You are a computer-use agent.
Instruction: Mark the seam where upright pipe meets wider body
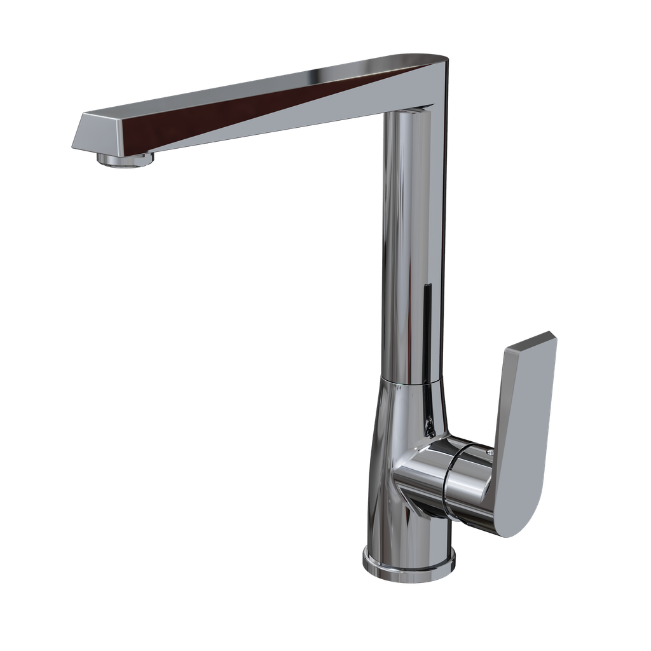pos(411,380)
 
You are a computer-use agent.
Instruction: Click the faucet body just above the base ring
pos(407,528)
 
